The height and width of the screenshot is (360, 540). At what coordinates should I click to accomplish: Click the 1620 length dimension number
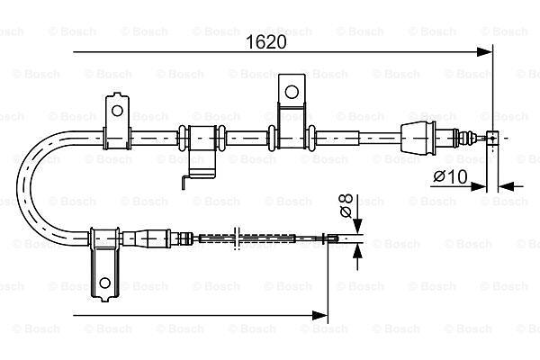click(265, 42)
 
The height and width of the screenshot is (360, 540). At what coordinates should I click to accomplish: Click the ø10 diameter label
click(451, 176)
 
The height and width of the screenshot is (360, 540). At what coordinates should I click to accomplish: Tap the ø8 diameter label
click(346, 206)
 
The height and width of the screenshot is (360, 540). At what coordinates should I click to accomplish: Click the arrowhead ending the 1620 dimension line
click(484, 52)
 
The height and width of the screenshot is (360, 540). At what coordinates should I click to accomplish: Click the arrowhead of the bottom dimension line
click(319, 315)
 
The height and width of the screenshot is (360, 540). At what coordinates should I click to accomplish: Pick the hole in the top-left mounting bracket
click(117, 111)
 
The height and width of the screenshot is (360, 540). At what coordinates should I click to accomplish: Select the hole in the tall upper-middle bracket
click(292, 92)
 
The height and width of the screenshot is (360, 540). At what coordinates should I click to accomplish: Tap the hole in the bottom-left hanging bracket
click(104, 283)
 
